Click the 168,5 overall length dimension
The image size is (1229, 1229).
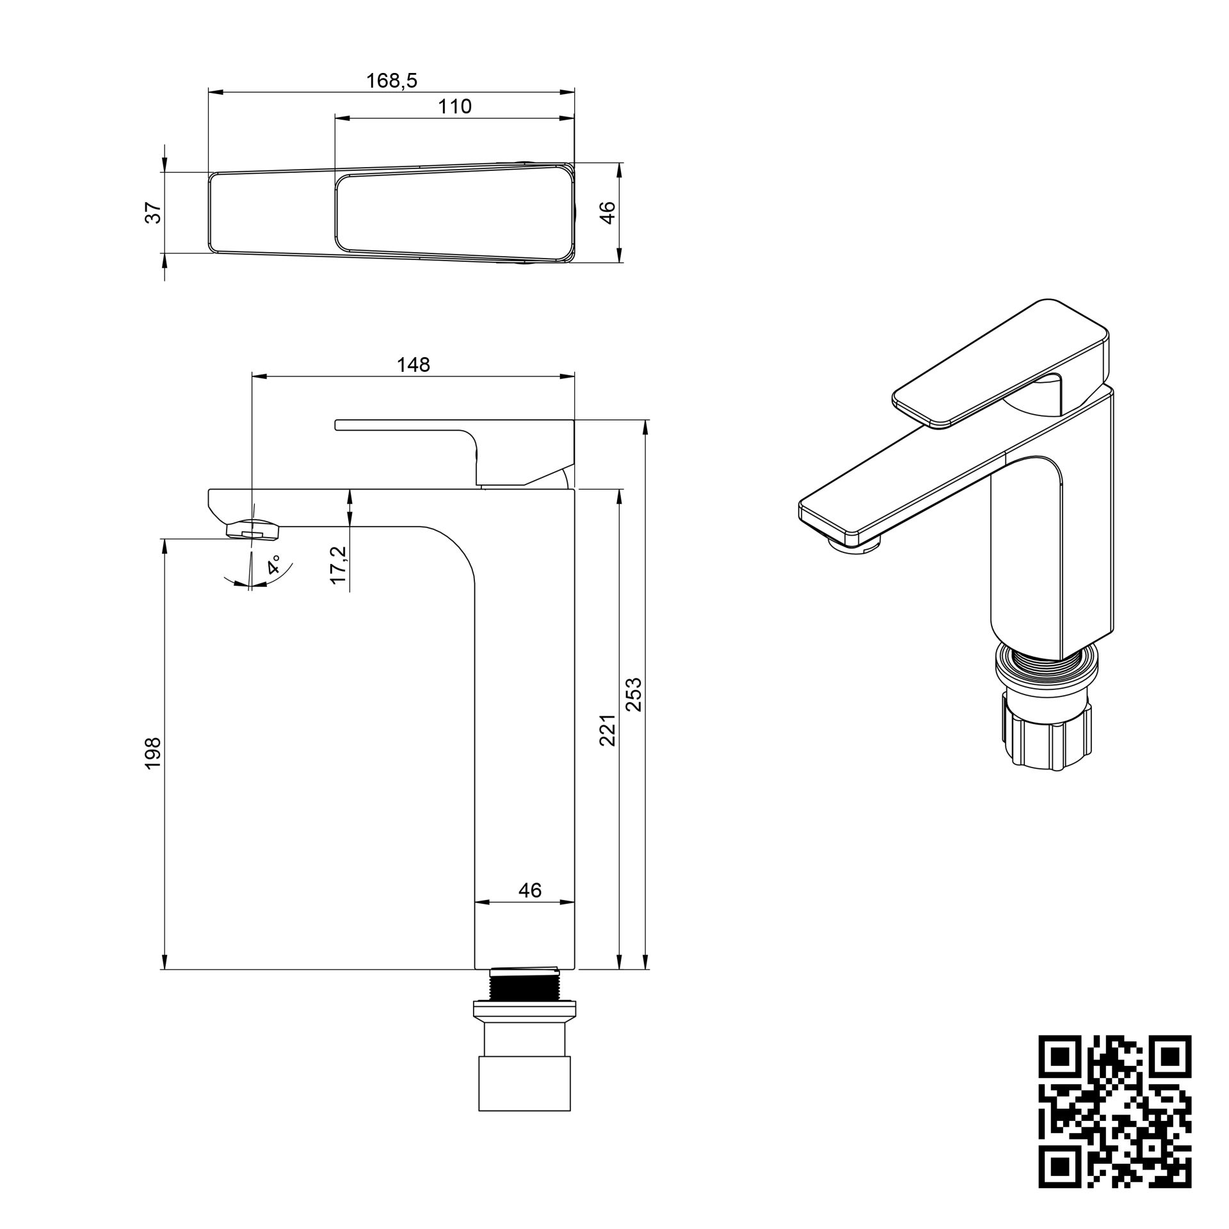(x=391, y=81)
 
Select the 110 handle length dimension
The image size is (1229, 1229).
(x=454, y=106)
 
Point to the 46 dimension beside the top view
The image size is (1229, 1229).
(x=608, y=212)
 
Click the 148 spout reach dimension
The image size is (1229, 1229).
(x=414, y=365)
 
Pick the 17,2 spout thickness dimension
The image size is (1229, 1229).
(x=339, y=564)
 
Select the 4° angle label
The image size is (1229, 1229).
(x=275, y=565)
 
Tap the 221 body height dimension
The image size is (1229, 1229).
(x=608, y=730)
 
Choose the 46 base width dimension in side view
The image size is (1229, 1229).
(x=530, y=890)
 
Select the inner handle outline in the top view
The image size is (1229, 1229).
(x=454, y=213)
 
